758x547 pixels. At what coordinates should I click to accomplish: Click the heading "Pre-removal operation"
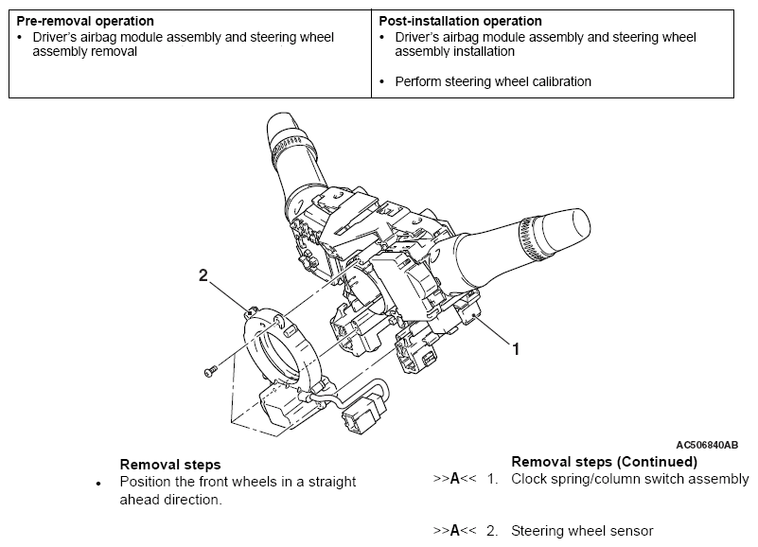pyautogui.click(x=85, y=21)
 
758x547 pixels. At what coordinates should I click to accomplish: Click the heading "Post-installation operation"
pyautogui.click(x=460, y=21)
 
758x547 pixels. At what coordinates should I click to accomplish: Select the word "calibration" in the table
pyautogui.click(x=561, y=81)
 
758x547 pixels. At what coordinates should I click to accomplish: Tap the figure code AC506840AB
pyautogui.click(x=707, y=445)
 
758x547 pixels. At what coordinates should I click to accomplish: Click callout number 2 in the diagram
pyautogui.click(x=203, y=275)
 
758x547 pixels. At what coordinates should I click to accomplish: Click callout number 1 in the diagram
pyautogui.click(x=516, y=348)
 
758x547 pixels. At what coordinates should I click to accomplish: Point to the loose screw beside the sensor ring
pyautogui.click(x=210, y=371)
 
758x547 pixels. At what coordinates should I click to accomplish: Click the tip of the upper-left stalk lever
pyautogui.click(x=279, y=117)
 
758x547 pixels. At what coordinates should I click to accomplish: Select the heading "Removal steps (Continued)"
pyautogui.click(x=605, y=462)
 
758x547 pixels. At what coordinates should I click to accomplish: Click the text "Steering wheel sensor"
pyautogui.click(x=582, y=531)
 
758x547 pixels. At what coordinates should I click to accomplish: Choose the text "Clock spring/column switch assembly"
pyautogui.click(x=630, y=479)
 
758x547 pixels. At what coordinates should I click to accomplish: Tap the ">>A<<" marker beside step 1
pyautogui.click(x=454, y=479)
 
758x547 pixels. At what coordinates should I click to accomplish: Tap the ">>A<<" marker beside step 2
pyautogui.click(x=454, y=531)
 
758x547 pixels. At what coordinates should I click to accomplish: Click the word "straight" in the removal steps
pyautogui.click(x=332, y=483)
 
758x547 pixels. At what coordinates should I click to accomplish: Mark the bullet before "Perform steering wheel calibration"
pyautogui.click(x=382, y=82)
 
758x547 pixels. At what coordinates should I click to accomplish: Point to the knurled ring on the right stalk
pyautogui.click(x=531, y=238)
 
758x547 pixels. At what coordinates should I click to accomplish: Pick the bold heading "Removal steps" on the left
pyautogui.click(x=170, y=465)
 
